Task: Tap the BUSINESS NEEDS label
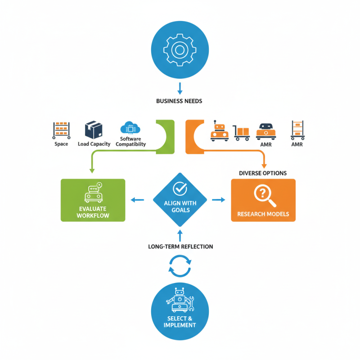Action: tap(179, 101)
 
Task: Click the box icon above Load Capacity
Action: tap(93, 130)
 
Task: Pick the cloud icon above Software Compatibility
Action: tap(130, 128)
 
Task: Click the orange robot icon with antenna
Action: tap(219, 131)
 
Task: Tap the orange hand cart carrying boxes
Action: tap(242, 132)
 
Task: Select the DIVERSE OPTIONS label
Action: tap(263, 173)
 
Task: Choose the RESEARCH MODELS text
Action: tap(263, 213)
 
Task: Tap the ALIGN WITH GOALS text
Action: tap(180, 207)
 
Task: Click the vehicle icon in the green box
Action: tap(93, 193)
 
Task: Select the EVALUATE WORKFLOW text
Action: tap(93, 212)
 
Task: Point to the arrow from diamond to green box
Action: tap(137, 199)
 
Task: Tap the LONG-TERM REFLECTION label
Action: tap(180, 247)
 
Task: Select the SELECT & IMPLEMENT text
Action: tap(180, 322)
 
